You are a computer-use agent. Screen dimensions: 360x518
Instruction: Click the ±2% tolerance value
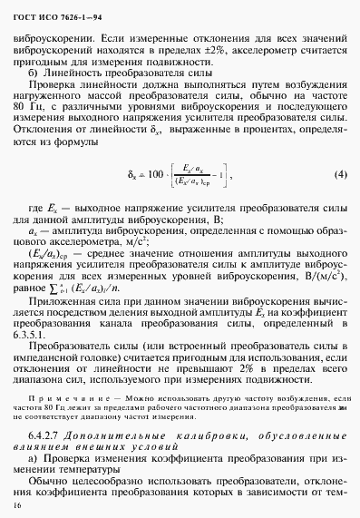[x=242, y=54]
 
